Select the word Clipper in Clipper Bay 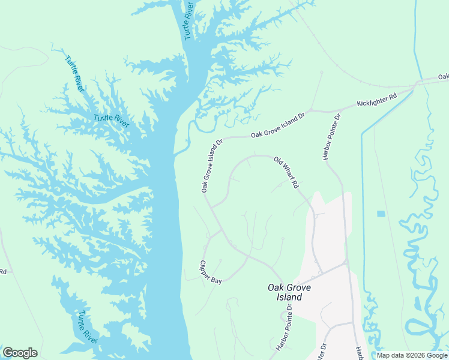(205, 268)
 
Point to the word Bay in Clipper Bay (217, 280)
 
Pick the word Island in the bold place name (281, 297)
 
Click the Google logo (20, 353)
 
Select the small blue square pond (381, 214)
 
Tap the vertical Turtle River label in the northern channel (189, 20)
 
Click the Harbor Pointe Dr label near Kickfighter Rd (332, 137)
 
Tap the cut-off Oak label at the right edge (443, 77)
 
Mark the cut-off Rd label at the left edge (3, 271)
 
